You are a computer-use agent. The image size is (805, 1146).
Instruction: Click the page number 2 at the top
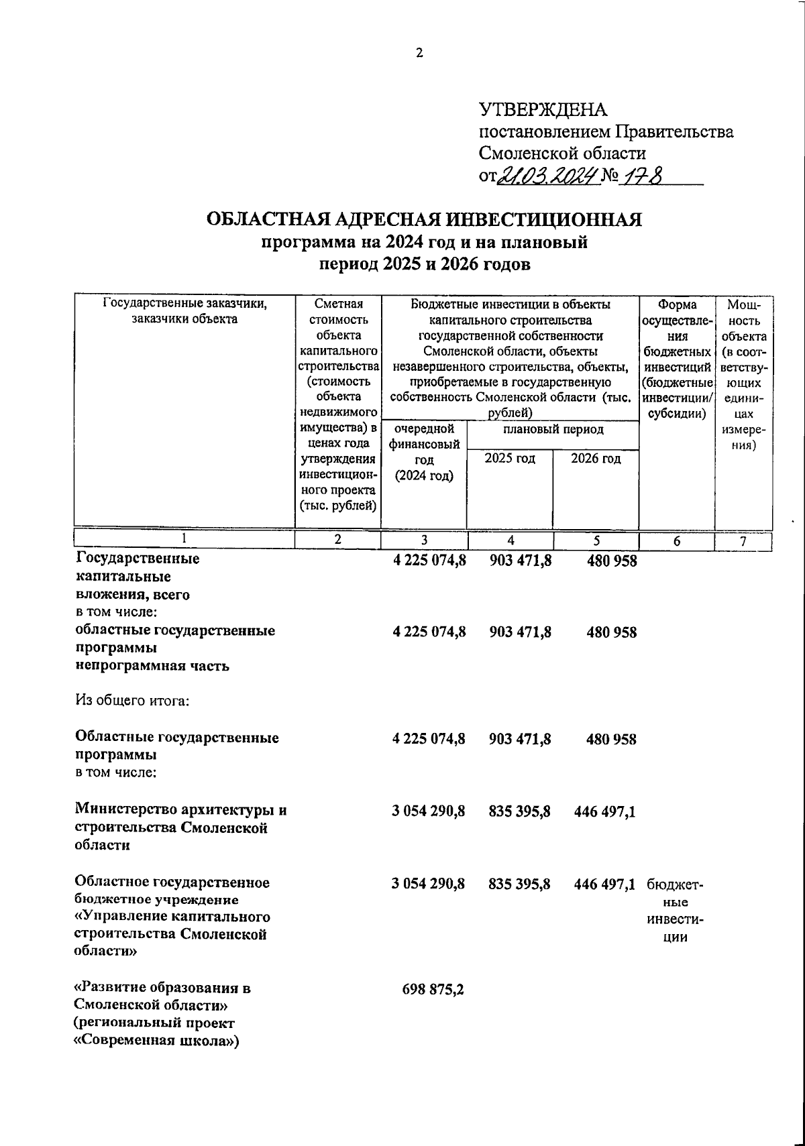[419, 54]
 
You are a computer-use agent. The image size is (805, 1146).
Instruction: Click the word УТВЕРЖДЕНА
[542, 109]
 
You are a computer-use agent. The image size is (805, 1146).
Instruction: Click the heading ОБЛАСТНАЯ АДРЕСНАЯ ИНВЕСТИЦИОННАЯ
[424, 220]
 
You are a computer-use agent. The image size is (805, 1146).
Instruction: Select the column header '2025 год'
[510, 459]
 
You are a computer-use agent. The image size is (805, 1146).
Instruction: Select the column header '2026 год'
[596, 459]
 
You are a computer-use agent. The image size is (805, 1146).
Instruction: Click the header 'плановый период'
[553, 429]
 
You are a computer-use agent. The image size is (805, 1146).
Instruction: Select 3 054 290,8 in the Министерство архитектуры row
[428, 811]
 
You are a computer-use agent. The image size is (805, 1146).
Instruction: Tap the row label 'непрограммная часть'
[152, 667]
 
